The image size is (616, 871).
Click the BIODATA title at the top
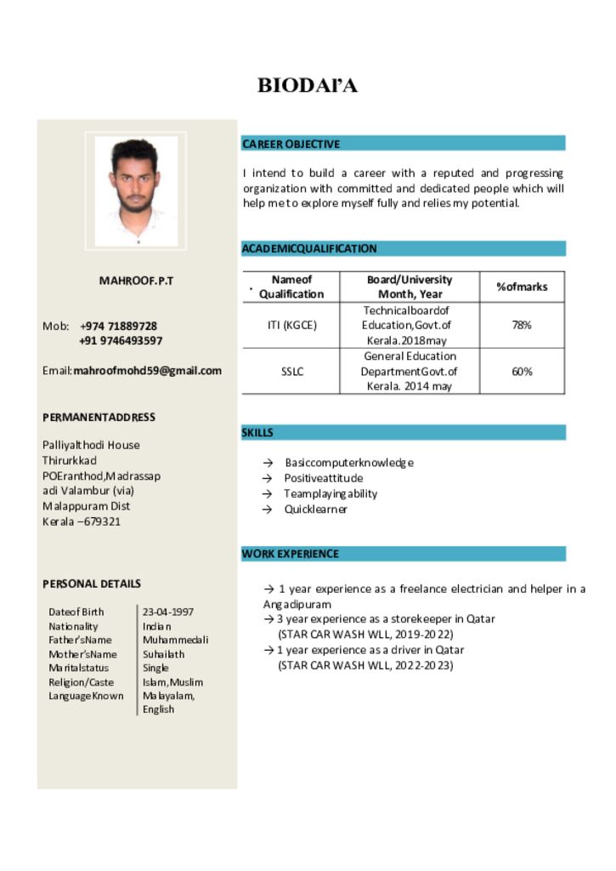[x=308, y=85]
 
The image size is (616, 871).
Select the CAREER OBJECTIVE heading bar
[x=403, y=144]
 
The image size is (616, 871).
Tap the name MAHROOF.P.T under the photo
[x=136, y=280]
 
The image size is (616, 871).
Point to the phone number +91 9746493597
[x=121, y=340]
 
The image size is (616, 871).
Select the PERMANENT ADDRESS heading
[x=99, y=417]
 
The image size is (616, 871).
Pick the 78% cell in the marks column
[x=522, y=325]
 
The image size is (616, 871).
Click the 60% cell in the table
[x=522, y=371]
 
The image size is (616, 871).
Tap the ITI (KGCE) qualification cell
[x=291, y=325]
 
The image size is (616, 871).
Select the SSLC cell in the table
[x=291, y=371]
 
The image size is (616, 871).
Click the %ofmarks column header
[x=522, y=287]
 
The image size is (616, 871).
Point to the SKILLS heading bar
[x=403, y=432]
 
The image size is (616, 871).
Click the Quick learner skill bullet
[x=316, y=509]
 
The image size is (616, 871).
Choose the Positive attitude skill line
[x=323, y=478]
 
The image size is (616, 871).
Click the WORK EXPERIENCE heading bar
[x=403, y=554]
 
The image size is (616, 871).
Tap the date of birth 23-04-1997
[x=168, y=612]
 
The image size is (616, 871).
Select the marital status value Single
[x=155, y=668]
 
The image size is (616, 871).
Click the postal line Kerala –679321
[x=82, y=521]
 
